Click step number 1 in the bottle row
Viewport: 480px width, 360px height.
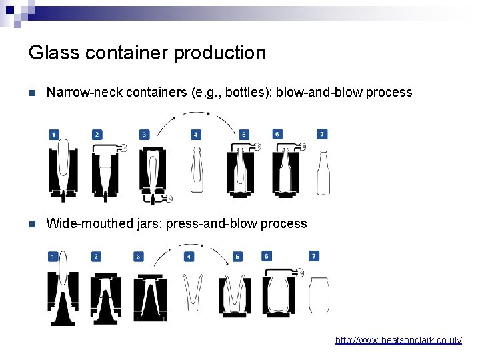[x=53, y=135]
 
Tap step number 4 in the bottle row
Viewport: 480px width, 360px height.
[x=195, y=135]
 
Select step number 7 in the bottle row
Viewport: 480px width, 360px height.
[x=323, y=134]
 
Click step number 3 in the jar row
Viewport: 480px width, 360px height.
[x=138, y=257]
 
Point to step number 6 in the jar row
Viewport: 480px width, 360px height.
[x=267, y=256]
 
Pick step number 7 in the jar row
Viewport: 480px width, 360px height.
[x=314, y=256]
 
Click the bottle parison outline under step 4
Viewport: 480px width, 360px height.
[x=196, y=170]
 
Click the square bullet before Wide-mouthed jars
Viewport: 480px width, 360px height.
[x=33, y=224]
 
